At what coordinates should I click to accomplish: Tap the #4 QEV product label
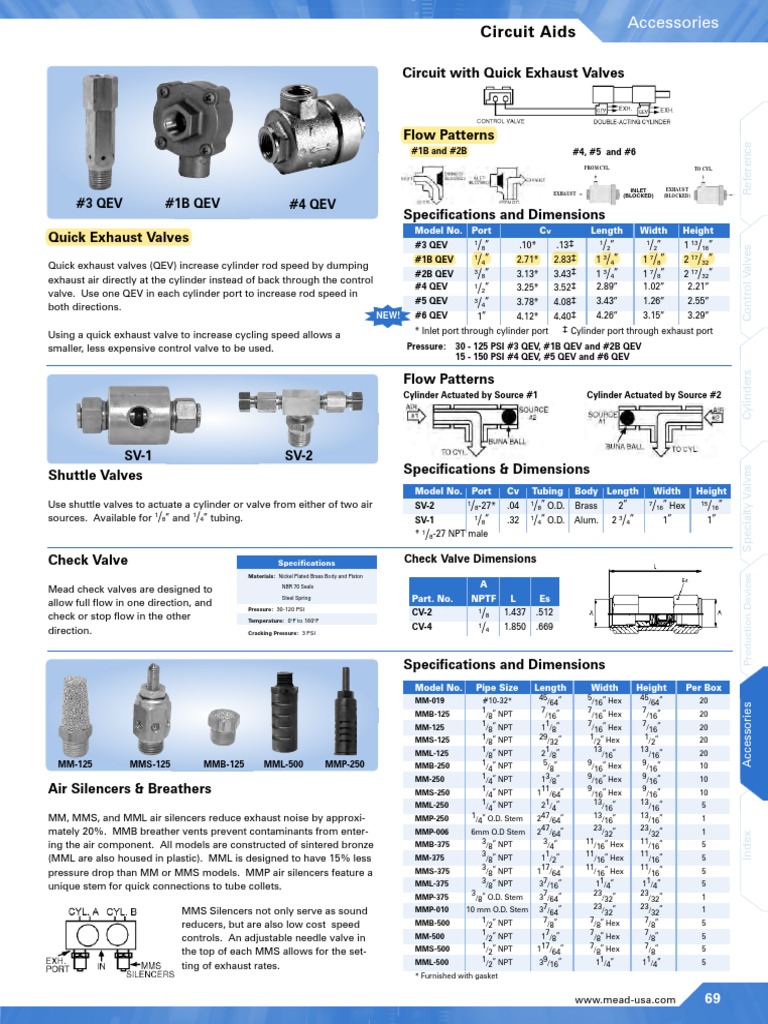point(312,204)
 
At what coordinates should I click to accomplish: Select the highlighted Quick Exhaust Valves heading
point(118,237)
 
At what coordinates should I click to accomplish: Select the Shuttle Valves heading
point(95,475)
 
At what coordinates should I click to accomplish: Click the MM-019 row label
point(431,701)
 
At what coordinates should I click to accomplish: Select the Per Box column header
point(704,688)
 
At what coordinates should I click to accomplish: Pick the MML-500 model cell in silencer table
point(431,961)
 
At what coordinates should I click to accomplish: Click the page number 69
point(713,998)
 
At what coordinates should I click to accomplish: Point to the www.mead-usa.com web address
point(625,999)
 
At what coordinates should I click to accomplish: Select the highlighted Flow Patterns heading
point(448,135)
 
